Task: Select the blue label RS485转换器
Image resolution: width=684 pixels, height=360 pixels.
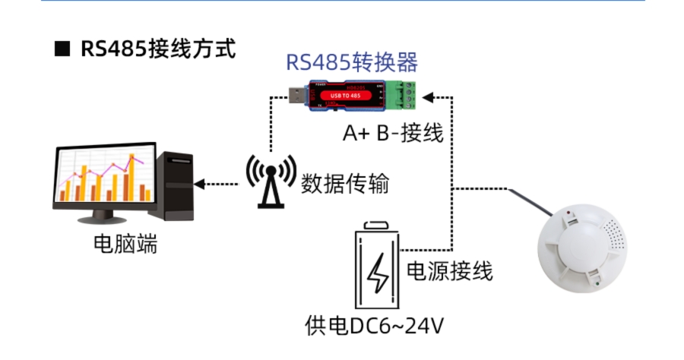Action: [352, 62]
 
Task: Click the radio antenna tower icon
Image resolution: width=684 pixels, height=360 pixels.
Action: [269, 181]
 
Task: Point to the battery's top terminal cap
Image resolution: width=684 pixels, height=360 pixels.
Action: [377, 226]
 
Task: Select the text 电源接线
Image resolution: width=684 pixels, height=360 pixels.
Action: [450, 270]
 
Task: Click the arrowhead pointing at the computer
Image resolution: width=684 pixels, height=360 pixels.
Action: [199, 183]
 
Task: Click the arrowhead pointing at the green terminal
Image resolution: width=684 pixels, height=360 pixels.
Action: [427, 96]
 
